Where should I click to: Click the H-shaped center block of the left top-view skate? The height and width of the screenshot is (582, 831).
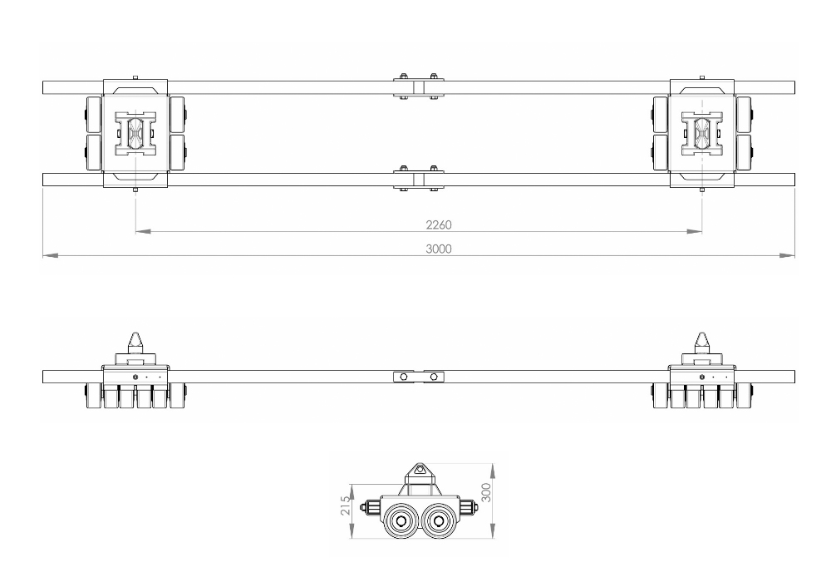[135, 134]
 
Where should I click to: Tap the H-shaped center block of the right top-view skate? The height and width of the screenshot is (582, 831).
[702, 134]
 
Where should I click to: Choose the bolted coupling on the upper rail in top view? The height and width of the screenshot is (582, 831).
[418, 87]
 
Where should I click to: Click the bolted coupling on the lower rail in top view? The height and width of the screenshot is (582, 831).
[418, 179]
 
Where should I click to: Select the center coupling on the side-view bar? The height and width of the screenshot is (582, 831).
[418, 377]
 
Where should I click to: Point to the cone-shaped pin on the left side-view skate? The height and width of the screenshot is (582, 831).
[135, 343]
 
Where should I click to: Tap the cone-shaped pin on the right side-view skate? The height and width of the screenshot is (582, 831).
[702, 343]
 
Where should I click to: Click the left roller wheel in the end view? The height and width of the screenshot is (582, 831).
[402, 521]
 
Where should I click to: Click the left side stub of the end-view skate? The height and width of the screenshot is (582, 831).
[369, 505]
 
